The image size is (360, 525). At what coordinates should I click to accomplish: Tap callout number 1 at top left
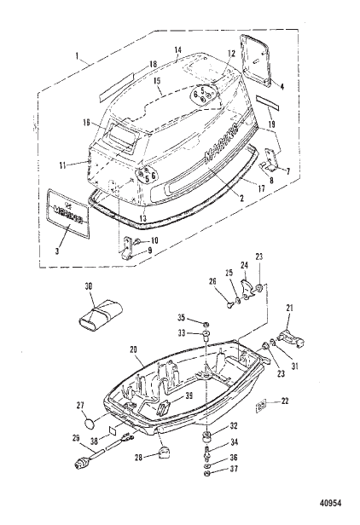[78, 58]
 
